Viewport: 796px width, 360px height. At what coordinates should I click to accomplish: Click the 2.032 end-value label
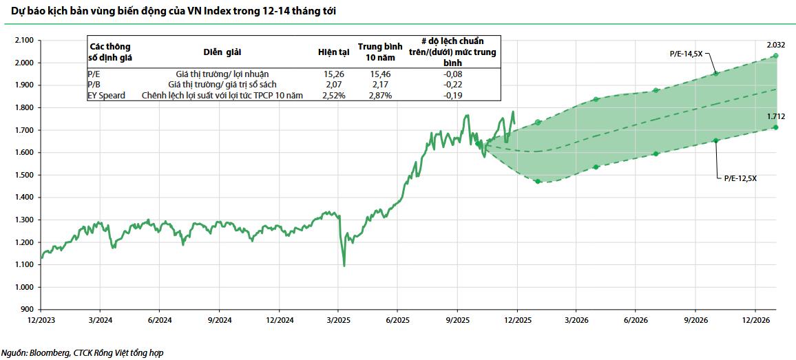tap(777, 45)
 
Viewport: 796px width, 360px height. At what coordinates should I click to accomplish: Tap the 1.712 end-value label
tap(776, 116)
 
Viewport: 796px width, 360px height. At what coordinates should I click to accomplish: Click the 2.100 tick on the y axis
tap(24, 41)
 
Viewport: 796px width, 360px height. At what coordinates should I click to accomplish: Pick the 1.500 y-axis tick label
tap(24, 175)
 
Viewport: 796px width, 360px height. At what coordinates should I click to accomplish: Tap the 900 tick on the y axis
tap(28, 309)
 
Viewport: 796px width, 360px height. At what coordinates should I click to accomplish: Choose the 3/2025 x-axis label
tap(338, 320)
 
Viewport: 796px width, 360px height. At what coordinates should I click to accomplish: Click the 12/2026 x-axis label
tap(755, 320)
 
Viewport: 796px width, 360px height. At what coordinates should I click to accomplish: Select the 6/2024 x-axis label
tap(160, 320)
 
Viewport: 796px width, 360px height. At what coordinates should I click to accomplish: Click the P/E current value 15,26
tap(333, 74)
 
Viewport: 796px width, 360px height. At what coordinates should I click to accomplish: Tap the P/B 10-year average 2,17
tap(379, 85)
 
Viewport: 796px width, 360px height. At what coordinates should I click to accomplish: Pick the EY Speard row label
tap(107, 96)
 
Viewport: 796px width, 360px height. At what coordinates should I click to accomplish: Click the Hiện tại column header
tap(333, 52)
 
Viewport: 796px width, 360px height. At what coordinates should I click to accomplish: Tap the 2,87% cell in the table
tap(379, 96)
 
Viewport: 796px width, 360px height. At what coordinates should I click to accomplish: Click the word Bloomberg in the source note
tap(49, 352)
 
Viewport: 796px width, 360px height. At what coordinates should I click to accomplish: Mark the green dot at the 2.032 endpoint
tap(776, 56)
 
